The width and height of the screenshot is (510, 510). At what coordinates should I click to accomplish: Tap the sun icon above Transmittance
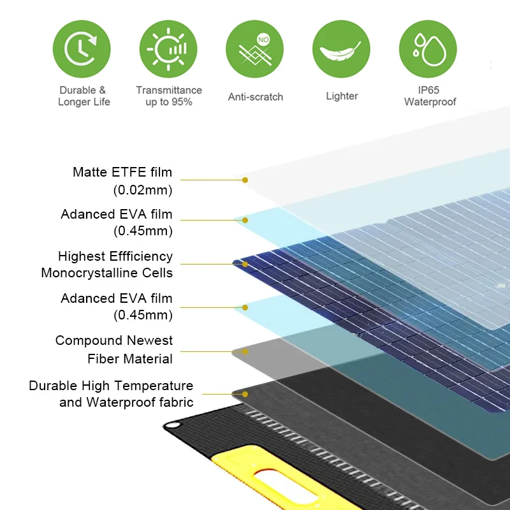click(x=168, y=49)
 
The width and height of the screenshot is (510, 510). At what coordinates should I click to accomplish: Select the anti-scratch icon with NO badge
click(x=255, y=49)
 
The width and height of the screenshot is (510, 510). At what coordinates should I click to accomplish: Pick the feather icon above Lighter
click(x=341, y=49)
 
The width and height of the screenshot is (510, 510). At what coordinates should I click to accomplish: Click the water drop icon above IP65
click(x=427, y=49)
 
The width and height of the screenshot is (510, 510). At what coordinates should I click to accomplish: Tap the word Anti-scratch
click(x=255, y=97)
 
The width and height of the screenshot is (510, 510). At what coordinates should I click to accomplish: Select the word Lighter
click(x=342, y=96)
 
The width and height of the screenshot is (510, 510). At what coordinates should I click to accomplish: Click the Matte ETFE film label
click(x=122, y=172)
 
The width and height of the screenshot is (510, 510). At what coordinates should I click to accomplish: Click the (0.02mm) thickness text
click(x=142, y=190)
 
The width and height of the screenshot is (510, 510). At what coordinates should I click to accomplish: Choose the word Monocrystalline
click(x=106, y=273)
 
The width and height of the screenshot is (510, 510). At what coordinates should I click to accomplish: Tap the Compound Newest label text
click(x=113, y=340)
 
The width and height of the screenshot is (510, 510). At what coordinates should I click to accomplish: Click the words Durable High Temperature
click(x=111, y=386)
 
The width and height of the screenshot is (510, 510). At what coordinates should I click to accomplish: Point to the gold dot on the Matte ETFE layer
click(x=245, y=180)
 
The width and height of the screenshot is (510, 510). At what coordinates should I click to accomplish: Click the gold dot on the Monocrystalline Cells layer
click(x=245, y=263)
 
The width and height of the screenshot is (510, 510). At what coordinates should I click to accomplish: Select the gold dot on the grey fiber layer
click(x=245, y=351)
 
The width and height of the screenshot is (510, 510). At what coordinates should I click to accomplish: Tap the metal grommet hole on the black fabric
click(x=173, y=426)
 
